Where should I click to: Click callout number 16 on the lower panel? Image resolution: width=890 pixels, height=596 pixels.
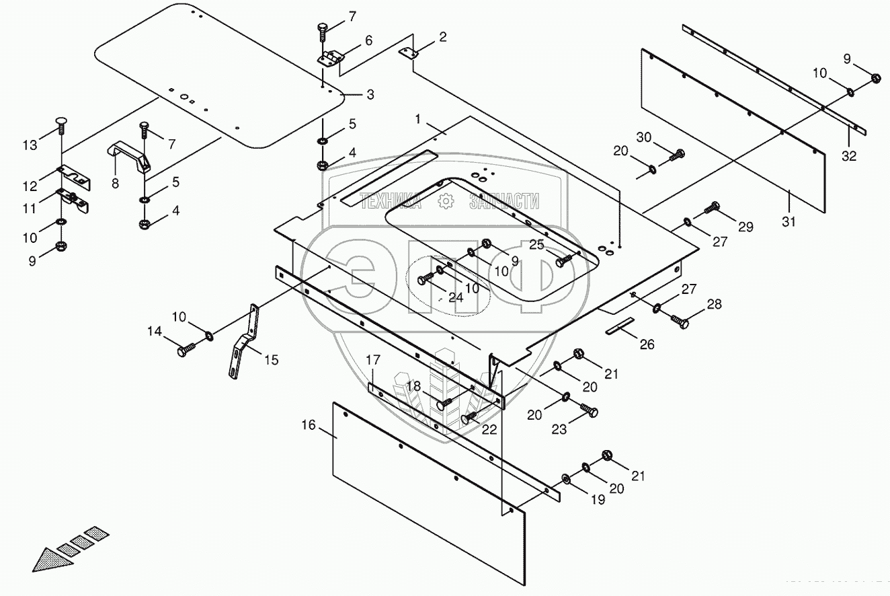point(309,425)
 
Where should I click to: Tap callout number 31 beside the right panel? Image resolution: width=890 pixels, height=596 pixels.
point(788,221)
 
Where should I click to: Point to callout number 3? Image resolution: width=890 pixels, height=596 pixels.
point(370,94)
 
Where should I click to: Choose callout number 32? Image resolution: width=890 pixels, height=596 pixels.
point(850,156)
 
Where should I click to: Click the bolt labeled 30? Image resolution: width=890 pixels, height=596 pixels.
point(675,156)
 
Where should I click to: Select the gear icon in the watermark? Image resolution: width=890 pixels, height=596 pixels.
point(444,200)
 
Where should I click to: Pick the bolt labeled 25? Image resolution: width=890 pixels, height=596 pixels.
point(563,260)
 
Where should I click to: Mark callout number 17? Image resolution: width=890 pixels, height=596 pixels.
point(373,361)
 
